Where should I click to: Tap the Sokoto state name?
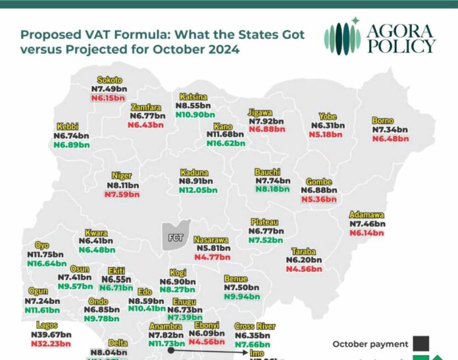(109, 80)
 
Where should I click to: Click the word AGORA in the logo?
(402, 31)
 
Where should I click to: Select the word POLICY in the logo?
(402, 46)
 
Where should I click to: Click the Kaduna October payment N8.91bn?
(196, 180)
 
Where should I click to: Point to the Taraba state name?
(304, 251)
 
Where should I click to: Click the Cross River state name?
(255, 326)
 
